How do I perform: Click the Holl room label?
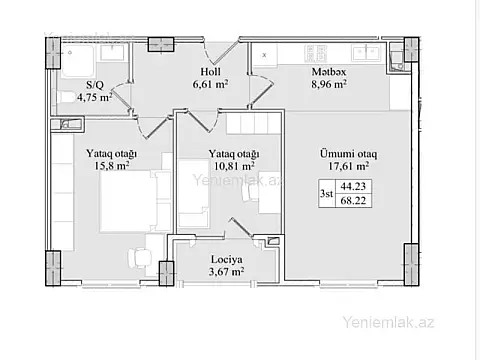210,72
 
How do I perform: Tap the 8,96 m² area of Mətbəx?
329,84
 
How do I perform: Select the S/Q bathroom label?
95,85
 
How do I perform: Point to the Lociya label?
227,259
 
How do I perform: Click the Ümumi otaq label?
349,154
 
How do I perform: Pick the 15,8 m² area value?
112,165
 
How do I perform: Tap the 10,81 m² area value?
234,166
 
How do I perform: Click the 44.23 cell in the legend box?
353,186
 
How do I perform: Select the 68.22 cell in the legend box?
353,200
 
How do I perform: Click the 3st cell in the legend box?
327,193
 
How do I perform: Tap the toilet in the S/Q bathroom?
66,98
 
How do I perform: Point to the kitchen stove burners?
315,53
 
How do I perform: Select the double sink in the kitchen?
366,53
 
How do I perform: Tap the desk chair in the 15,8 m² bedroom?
139,258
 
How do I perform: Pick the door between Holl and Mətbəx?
261,88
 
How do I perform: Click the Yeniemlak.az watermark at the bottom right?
388,322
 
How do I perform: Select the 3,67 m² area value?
226,272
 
